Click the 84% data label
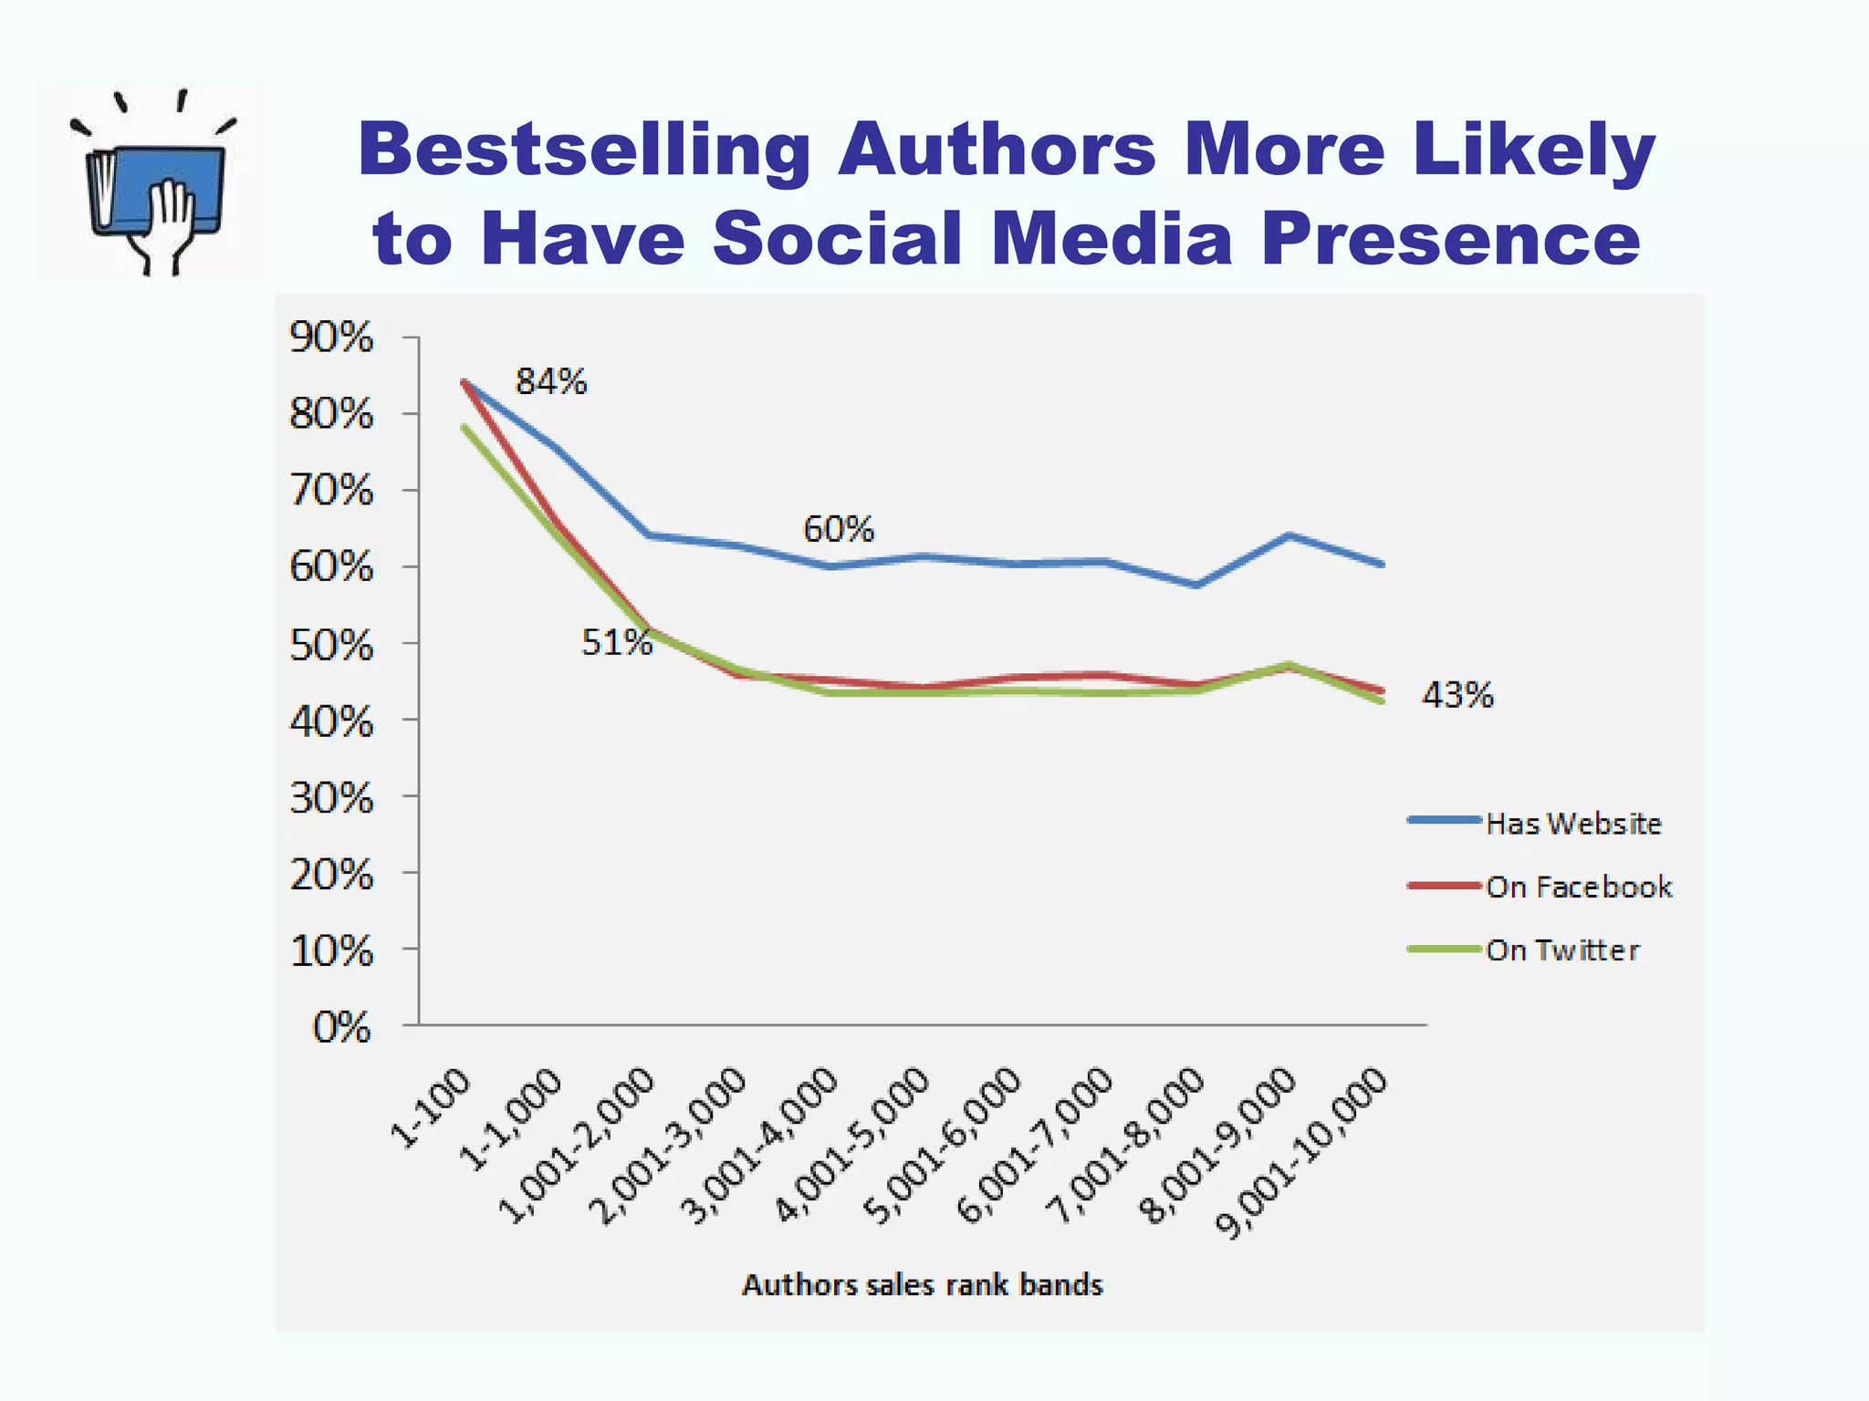551,381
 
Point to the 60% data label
838,529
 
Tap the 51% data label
617,643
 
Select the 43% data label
1457,696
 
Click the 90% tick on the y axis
331,337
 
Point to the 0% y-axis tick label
341,1028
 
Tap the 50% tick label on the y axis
331,646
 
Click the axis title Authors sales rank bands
922,1285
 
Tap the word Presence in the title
1451,238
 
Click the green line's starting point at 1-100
464,426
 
